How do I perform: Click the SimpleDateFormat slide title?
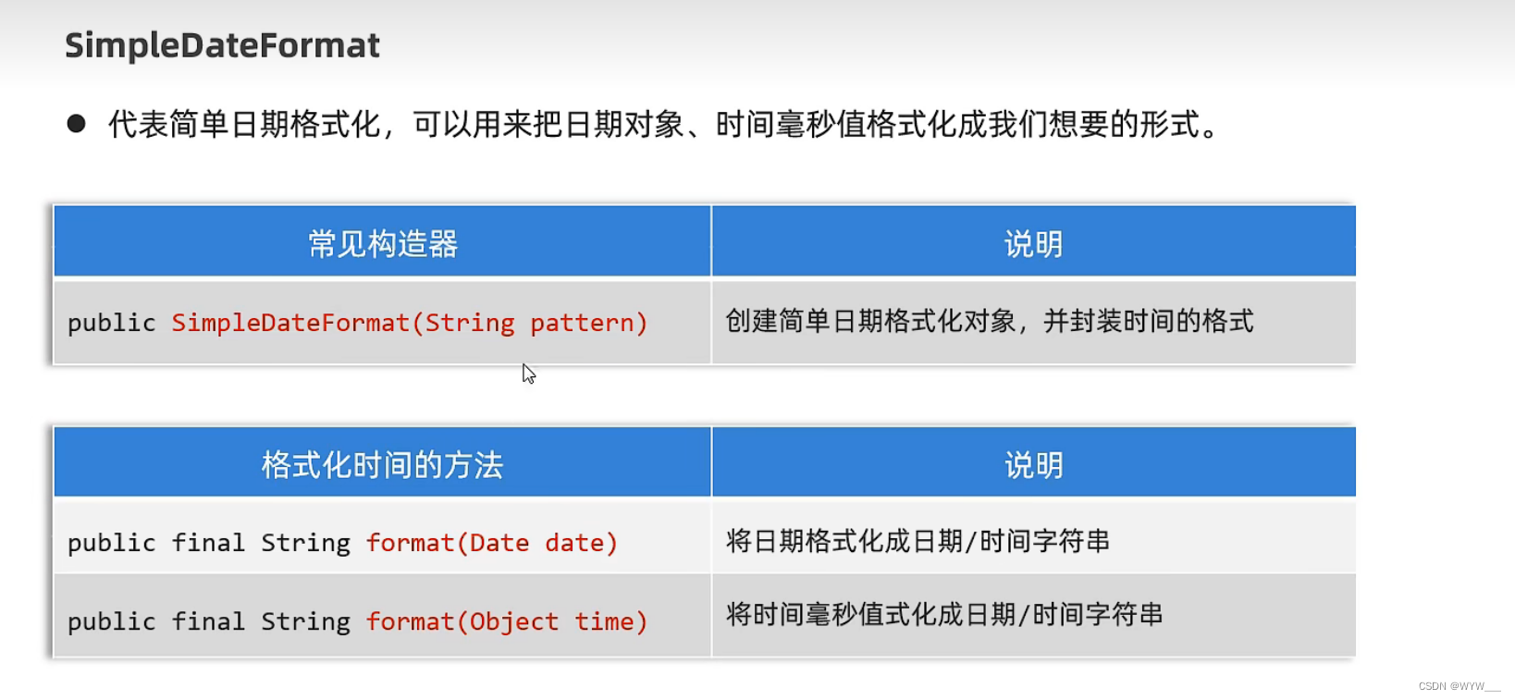pos(222,45)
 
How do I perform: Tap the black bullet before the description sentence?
pos(76,124)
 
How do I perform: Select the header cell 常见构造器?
pos(382,244)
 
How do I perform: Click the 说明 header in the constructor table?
pos(1033,244)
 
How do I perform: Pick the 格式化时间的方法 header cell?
pos(382,464)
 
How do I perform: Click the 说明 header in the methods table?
pos(1033,464)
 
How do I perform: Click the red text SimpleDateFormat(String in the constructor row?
pos(342,323)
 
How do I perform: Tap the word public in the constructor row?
pos(111,323)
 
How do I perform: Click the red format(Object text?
pos(462,621)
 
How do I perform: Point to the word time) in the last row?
pos(610,621)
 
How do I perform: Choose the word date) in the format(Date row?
pos(581,543)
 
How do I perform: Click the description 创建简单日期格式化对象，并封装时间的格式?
pos(989,321)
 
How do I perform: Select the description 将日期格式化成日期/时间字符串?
pos(918,541)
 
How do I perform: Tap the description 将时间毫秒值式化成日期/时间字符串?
pos(943,614)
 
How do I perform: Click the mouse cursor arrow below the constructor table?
pos(528,374)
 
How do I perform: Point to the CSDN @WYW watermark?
pos(1459,686)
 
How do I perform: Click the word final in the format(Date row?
pos(208,543)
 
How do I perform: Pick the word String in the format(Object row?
pos(305,621)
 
